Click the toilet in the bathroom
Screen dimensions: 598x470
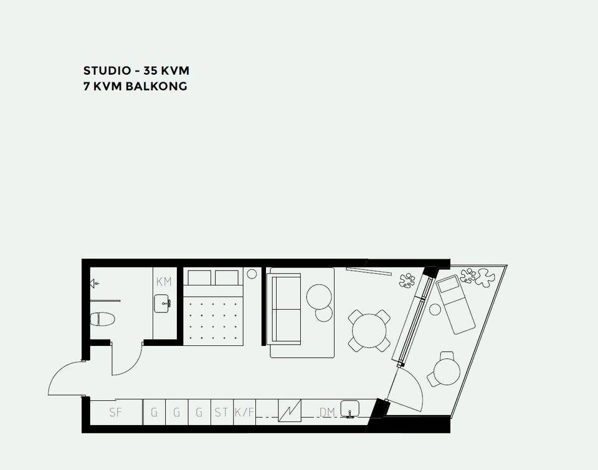coord(103,319)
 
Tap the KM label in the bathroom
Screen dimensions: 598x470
coord(164,282)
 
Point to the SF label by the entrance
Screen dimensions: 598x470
coord(116,413)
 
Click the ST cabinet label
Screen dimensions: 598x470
coord(222,413)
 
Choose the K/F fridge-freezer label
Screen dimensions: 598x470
coord(244,413)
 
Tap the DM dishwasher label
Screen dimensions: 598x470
coord(327,413)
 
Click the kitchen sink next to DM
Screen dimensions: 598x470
coord(349,409)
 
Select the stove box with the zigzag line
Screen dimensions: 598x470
coord(290,411)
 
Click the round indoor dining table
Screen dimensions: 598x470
coord(369,330)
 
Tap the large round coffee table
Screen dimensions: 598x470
coord(319,297)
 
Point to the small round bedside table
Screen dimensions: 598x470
coord(252,274)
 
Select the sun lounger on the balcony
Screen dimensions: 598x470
coord(456,304)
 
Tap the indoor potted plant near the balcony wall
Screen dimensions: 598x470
coord(407,281)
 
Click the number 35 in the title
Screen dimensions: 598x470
coord(150,70)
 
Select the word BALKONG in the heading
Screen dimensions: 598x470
coord(156,86)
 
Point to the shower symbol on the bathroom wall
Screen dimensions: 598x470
coord(94,284)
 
